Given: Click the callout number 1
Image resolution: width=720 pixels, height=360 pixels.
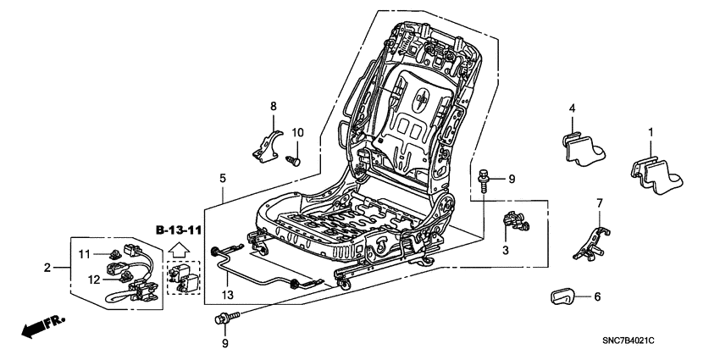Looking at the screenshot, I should [651, 132].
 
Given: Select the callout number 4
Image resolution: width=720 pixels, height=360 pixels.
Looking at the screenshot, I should [572, 108].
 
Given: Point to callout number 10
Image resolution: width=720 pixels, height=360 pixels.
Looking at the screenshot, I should [296, 132].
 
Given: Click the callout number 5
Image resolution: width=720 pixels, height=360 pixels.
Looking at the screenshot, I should [223, 179].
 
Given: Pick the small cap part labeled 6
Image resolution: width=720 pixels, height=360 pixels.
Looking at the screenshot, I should [560, 296].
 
